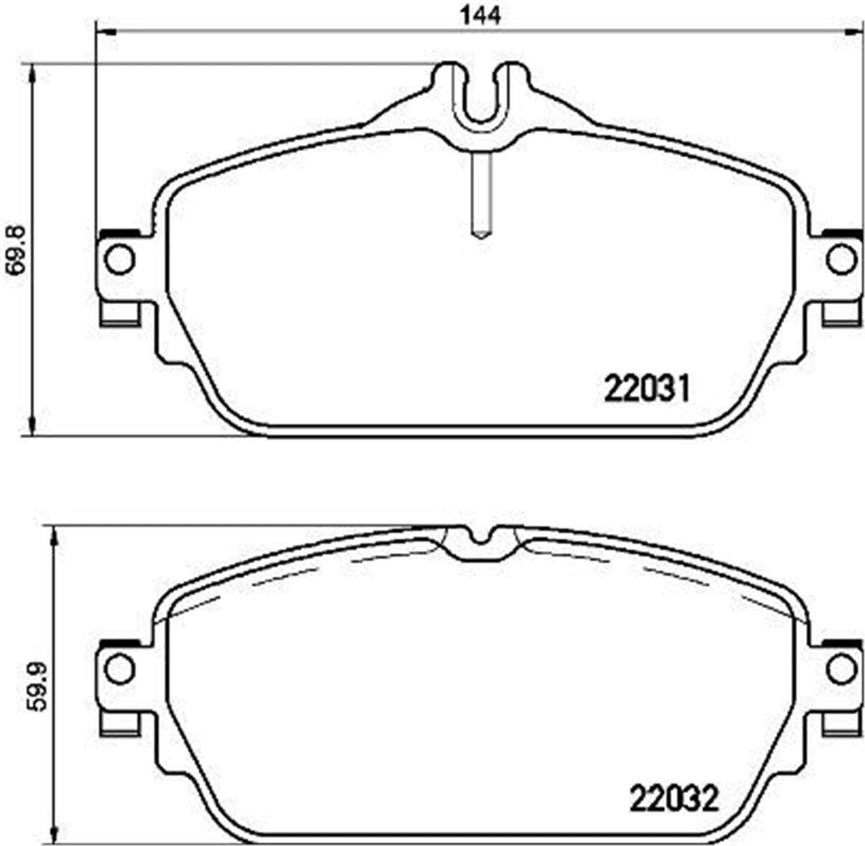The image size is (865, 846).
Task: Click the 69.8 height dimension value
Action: click(17, 249)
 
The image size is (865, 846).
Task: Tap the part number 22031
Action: click(647, 389)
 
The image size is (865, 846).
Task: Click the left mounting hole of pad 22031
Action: click(119, 260)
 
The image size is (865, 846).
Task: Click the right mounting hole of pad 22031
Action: click(841, 260)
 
